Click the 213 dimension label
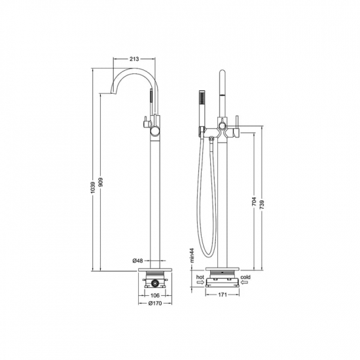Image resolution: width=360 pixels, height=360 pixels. pos(134,59)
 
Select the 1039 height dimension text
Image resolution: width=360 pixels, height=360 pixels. pos(92,187)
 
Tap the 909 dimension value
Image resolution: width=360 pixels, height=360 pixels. pos(101,182)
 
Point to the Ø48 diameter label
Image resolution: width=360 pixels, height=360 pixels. pos(137,261)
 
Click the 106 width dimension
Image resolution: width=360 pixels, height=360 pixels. pos(155,295)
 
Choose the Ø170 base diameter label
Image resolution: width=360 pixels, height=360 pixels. pos(155,303)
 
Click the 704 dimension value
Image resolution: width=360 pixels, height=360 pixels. pos(254,202)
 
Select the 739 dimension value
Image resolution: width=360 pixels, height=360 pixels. pos(262,205)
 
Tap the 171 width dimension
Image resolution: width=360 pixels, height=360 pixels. pos(223,295)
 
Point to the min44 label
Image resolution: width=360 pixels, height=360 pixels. pos(192,255)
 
